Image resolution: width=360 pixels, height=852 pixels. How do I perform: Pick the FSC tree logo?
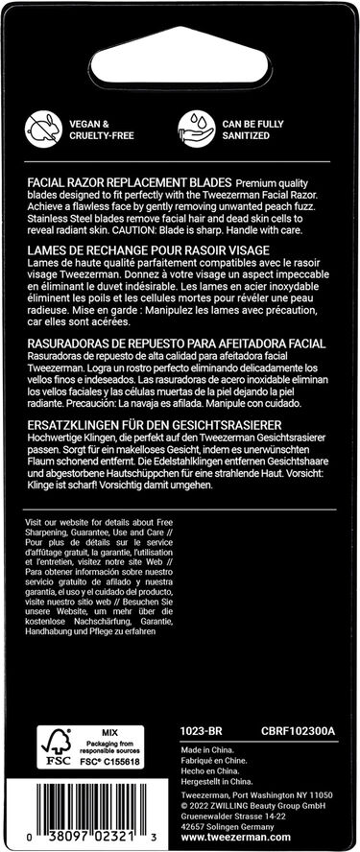(x=54, y=745)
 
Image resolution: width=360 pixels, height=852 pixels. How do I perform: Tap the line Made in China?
(x=207, y=752)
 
